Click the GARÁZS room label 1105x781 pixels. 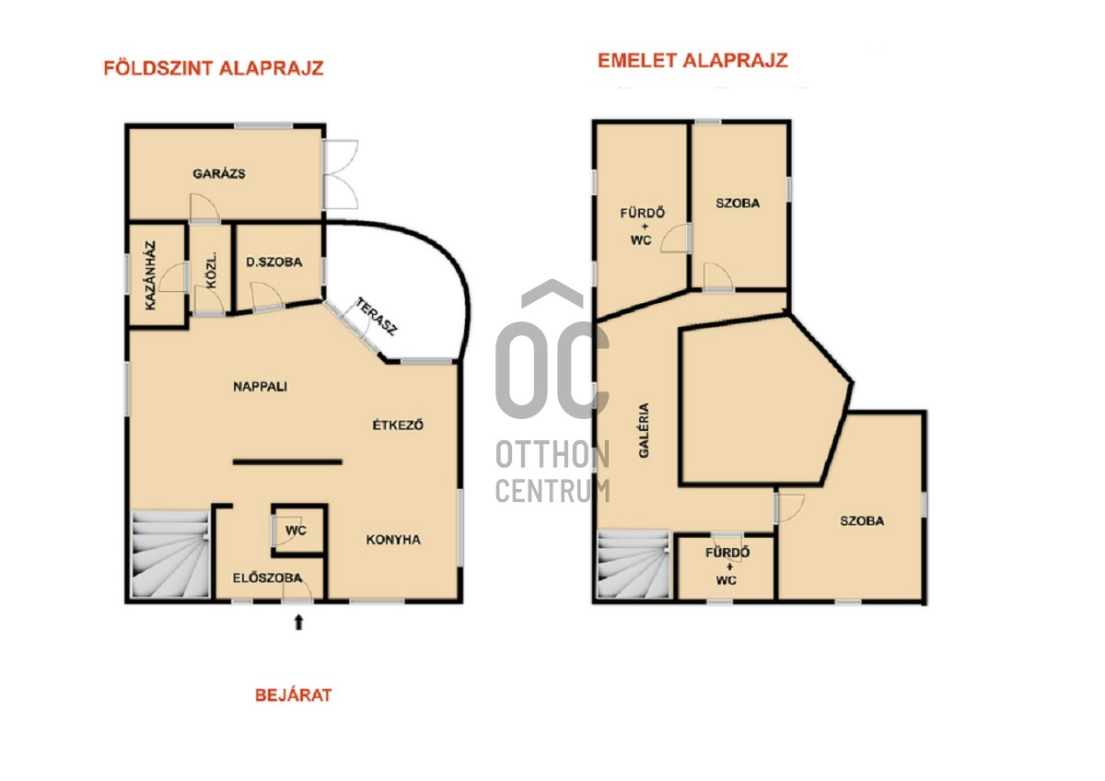click(x=218, y=174)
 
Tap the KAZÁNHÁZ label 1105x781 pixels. click(x=150, y=275)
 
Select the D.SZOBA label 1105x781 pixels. click(x=274, y=262)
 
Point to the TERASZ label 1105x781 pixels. click(x=377, y=316)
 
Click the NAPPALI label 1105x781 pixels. click(x=260, y=386)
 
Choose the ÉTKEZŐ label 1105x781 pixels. click(x=398, y=425)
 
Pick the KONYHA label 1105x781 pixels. click(x=393, y=540)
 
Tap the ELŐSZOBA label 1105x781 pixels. click(x=267, y=577)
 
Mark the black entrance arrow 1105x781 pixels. click(x=298, y=623)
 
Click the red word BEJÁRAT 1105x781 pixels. click(x=294, y=695)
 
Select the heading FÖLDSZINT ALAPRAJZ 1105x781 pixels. click(x=214, y=68)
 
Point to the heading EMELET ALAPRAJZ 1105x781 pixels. click(x=692, y=61)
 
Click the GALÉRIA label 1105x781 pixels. click(x=644, y=430)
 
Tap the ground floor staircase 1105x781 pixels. click(x=170, y=554)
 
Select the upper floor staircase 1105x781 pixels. click(x=634, y=564)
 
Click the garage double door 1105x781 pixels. click(x=341, y=174)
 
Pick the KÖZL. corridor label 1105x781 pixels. click(x=211, y=271)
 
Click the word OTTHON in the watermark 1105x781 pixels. click(x=552, y=454)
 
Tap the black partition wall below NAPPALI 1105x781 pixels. click(x=287, y=461)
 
